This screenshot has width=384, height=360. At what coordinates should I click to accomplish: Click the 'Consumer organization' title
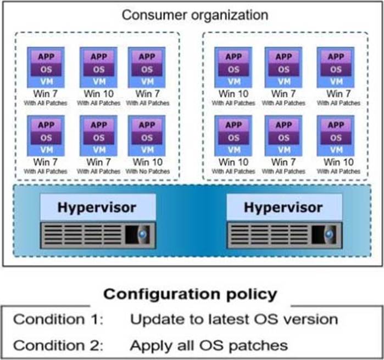[195, 15]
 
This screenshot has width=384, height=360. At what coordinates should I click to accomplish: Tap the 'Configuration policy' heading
[190, 294]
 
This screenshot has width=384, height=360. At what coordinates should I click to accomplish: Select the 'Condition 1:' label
[58, 319]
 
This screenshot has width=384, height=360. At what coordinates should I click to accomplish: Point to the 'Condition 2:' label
[58, 345]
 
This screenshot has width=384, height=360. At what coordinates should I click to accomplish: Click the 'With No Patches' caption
[148, 171]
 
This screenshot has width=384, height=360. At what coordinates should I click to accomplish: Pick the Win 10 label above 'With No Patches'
[148, 162]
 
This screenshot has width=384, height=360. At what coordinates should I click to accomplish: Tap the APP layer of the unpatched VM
[147, 125]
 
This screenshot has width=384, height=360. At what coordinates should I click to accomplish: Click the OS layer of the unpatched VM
[147, 138]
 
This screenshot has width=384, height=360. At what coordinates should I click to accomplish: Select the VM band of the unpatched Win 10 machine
[147, 150]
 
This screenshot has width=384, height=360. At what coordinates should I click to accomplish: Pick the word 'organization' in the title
[230, 16]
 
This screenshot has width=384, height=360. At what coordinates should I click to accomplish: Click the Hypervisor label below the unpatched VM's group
[97, 207]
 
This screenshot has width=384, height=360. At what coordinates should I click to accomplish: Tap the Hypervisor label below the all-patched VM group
[283, 207]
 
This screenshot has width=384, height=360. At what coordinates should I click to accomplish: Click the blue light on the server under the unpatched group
[142, 234]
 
